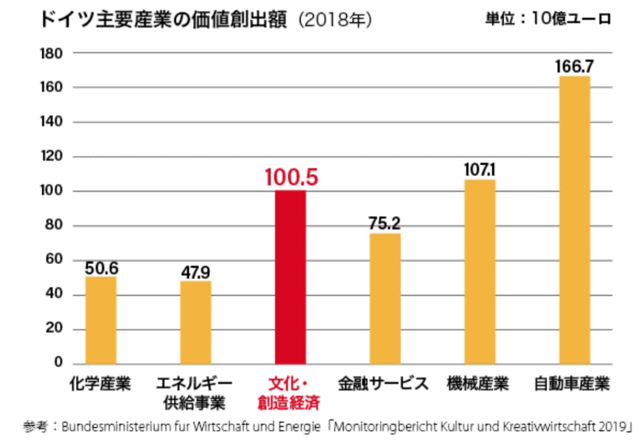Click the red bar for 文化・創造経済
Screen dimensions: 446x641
(x=290, y=277)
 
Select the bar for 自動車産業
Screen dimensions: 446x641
(x=574, y=220)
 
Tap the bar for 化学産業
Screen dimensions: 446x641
(x=100, y=320)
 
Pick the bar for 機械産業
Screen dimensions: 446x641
(x=480, y=271)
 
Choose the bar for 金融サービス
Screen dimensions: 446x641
(x=385, y=299)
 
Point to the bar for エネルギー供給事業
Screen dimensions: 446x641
(x=196, y=322)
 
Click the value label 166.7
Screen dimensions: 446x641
(x=574, y=67)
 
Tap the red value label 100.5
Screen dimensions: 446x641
(x=291, y=177)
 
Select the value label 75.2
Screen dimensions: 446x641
(x=385, y=224)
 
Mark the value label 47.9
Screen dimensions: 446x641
(x=196, y=271)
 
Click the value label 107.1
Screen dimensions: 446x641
(x=480, y=171)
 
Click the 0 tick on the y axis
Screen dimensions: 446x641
(x=58, y=363)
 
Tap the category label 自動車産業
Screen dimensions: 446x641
(x=572, y=384)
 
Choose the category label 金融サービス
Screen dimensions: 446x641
(x=383, y=384)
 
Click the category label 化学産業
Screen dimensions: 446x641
(x=100, y=384)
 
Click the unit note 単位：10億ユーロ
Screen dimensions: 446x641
(x=548, y=18)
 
